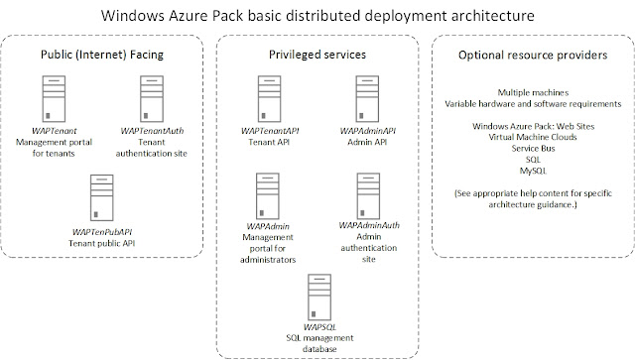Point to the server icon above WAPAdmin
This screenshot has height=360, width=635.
point(265,194)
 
